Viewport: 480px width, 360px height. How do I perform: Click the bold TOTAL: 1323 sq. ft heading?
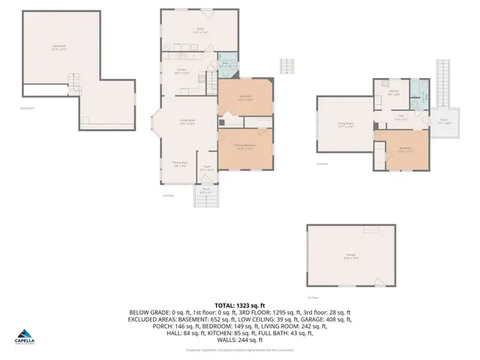pos(239,305)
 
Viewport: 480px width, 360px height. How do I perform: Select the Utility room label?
pos(198,31)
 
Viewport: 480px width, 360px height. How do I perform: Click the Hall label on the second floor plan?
pos(401,116)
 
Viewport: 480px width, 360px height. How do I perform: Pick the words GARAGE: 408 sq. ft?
pos(325,319)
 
